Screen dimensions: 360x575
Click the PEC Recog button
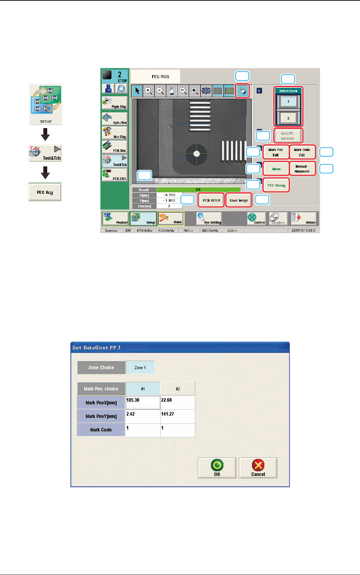click(276, 185)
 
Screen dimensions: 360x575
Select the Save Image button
click(238, 200)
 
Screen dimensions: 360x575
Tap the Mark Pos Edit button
click(276, 152)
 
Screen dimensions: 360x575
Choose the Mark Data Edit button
click(302, 152)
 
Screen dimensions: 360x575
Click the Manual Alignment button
click(302, 169)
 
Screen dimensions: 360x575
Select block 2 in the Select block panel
click(288, 118)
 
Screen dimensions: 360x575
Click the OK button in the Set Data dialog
click(217, 468)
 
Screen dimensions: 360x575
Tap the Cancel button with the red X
click(258, 468)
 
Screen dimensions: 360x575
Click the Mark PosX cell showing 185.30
click(143, 402)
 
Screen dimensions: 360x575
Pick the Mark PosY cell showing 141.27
click(177, 416)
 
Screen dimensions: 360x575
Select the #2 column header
click(178, 389)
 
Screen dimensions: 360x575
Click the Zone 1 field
click(140, 368)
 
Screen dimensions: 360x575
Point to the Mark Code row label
click(101, 430)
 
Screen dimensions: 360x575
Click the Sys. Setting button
click(209, 219)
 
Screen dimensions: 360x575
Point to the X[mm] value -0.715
click(169, 195)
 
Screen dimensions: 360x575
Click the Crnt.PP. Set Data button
click(288, 136)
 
